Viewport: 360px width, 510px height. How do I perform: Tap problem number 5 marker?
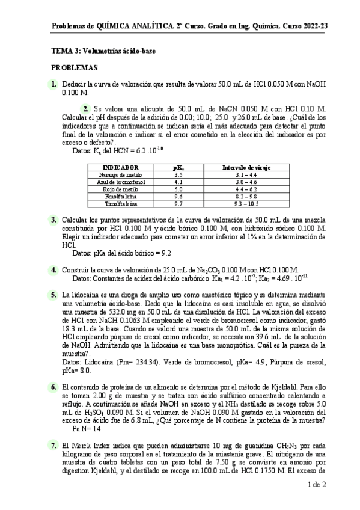pos(54,295)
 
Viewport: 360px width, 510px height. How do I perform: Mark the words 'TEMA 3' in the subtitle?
pos(64,52)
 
